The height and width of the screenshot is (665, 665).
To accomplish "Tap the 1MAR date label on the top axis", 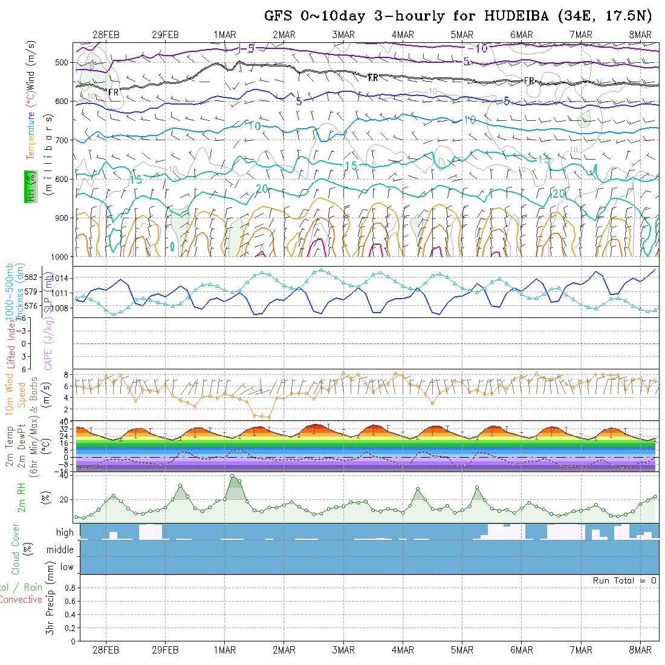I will pyautogui.click(x=224, y=35).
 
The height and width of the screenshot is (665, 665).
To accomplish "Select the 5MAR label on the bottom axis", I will pyautogui.click(x=462, y=650).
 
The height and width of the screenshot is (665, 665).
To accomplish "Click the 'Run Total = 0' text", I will pyautogui.click(x=624, y=580).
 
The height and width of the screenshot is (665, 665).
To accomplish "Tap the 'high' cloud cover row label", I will pyautogui.click(x=65, y=533).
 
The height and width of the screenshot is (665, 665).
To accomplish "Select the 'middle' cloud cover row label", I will pyautogui.click(x=60, y=550).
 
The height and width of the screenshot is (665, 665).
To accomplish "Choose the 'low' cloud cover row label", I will pyautogui.click(x=66, y=567).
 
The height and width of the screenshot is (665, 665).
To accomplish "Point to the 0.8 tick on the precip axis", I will pyautogui.click(x=69, y=588).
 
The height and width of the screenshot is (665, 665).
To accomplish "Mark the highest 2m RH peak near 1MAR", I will pyautogui.click(x=233, y=476).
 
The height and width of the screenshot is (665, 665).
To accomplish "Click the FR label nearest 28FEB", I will pyautogui.click(x=113, y=92).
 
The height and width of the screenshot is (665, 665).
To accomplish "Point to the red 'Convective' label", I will pyautogui.click(x=21, y=600).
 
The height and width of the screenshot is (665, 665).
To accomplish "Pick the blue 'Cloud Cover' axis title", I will pyautogui.click(x=15, y=549).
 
